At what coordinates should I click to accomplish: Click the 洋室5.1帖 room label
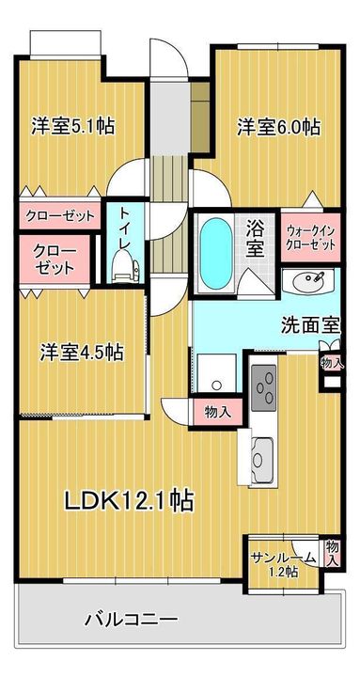click(73, 127)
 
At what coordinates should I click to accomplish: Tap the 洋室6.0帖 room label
click(278, 127)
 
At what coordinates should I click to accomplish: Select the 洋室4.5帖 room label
click(82, 353)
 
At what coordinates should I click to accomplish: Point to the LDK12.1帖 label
click(129, 501)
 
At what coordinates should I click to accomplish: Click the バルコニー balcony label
click(131, 622)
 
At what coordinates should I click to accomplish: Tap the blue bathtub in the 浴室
click(216, 254)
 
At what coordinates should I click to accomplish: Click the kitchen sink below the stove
click(261, 460)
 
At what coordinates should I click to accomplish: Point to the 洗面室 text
click(311, 324)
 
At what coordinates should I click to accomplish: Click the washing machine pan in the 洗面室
click(217, 372)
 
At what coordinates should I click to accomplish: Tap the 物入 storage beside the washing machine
click(217, 413)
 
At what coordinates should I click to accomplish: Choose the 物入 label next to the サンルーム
click(332, 553)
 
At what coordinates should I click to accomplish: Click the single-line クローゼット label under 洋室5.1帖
click(60, 214)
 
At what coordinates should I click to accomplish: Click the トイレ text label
click(125, 228)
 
